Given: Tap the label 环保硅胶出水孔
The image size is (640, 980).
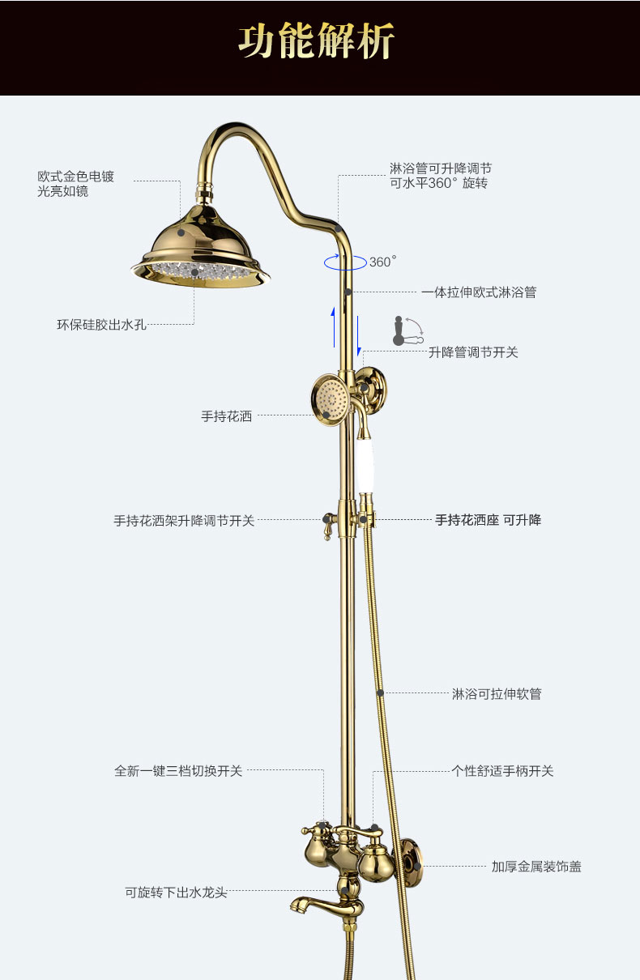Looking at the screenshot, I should [101, 325].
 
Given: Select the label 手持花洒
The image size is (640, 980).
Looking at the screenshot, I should [226, 416].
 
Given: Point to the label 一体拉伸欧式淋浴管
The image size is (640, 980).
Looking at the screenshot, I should [478, 292].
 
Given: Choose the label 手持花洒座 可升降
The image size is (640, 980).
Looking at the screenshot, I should [488, 520].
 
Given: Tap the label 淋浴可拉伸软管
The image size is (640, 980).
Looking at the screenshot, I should [496, 694].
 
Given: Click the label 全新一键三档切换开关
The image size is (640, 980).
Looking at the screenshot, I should [178, 771].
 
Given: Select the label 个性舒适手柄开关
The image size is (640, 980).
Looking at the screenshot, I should [502, 771].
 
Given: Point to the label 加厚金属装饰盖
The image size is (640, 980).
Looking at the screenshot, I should [536, 867].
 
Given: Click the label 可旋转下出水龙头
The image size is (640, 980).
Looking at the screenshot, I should [176, 893].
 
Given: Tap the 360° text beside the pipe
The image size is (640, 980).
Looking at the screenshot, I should [382, 262].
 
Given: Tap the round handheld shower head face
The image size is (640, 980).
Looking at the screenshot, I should [330, 397].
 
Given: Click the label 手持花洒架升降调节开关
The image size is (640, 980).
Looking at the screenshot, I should [184, 521].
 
